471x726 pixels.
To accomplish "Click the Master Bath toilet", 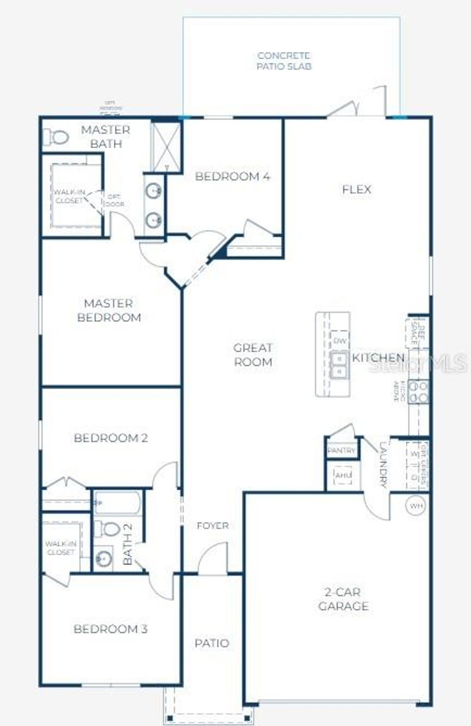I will pyautogui.click(x=56, y=137).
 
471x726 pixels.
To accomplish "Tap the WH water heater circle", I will pyautogui.click(x=416, y=506).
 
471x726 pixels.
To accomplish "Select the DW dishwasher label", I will pyautogui.click(x=340, y=341).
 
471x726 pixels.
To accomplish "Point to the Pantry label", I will pyautogui.click(x=342, y=450).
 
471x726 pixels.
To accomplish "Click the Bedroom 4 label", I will pyautogui.click(x=232, y=176).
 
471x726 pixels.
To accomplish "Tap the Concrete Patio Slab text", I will pyautogui.click(x=284, y=61).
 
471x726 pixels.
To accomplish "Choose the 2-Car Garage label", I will pyautogui.click(x=343, y=599).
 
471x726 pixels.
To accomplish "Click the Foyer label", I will pyautogui.click(x=213, y=525).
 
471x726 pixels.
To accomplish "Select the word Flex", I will pyautogui.click(x=356, y=189).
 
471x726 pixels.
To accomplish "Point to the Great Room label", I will pyautogui.click(x=253, y=355).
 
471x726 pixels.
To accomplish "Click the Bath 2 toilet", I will pyautogui.click(x=109, y=529).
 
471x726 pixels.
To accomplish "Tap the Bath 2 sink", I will pyautogui.click(x=104, y=559).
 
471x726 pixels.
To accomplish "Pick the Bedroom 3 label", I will pyautogui.click(x=110, y=629).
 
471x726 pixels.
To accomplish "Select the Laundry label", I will pyautogui.click(x=384, y=465).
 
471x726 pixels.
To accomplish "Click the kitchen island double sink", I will pyautogui.click(x=340, y=364).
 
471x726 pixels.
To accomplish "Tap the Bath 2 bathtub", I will pyautogui.click(x=118, y=502).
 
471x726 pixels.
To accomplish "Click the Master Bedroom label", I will pyautogui.click(x=109, y=310).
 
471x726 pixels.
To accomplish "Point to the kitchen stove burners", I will pyautogui.click(x=419, y=391).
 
